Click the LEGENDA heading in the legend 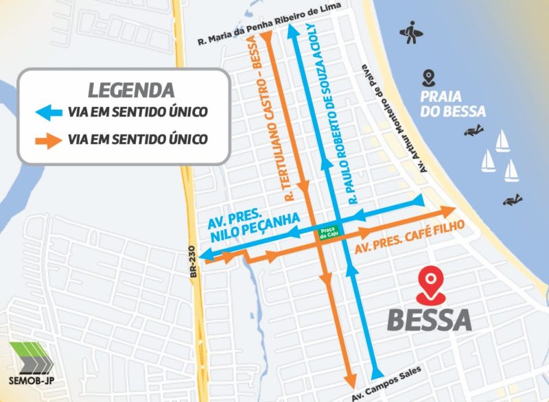[130, 90]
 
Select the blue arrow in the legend [50, 111]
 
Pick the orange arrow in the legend [50, 140]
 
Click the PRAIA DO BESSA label [454, 104]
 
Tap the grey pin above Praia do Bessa [429, 76]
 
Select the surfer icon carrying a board [412, 32]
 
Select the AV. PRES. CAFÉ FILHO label [410, 237]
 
